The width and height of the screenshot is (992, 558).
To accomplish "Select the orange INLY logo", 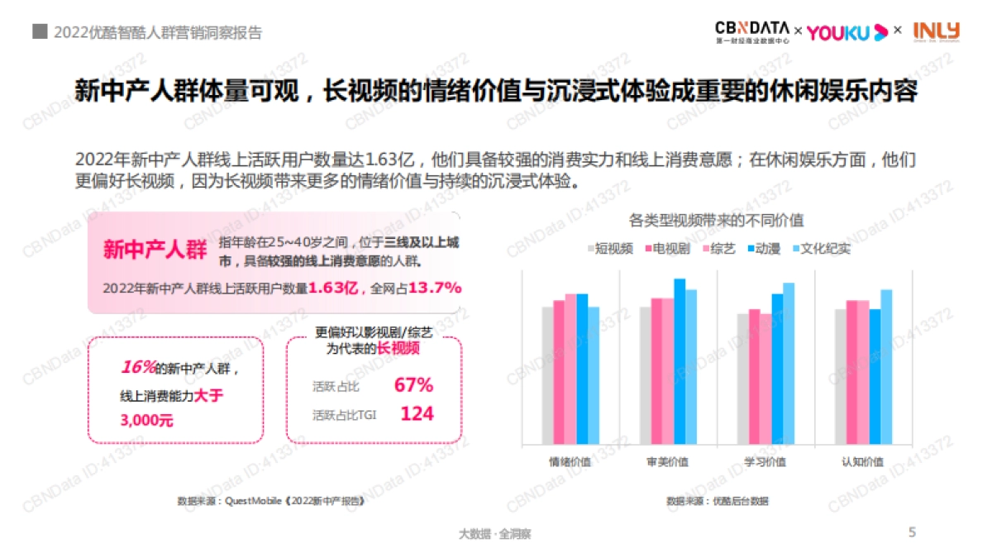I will coord(937,31).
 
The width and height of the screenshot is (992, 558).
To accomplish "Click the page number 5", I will coord(912,532).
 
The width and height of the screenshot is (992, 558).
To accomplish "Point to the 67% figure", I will coord(413,385).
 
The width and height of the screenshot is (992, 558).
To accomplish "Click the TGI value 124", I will coord(417,414).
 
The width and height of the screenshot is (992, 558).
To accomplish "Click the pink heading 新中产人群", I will coord(155,250).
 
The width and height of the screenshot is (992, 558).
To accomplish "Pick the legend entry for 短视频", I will coord(610,248).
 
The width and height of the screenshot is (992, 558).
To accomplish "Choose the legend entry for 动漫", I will coord(761,248).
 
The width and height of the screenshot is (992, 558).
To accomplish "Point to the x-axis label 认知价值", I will coord(863,462).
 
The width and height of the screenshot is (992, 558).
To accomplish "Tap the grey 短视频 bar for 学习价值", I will coord(742,379).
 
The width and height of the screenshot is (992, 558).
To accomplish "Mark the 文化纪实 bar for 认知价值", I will coord(886,367).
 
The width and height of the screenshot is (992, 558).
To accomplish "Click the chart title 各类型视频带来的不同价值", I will coord(716,221).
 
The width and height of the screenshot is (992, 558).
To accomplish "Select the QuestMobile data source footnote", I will coord(269,501).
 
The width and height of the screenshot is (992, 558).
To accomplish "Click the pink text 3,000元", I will coord(147,421).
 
